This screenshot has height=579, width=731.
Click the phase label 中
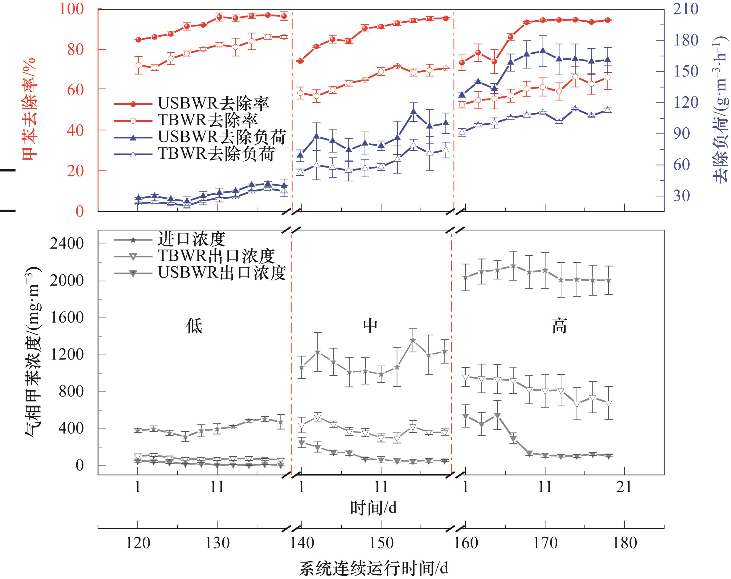click(x=370, y=326)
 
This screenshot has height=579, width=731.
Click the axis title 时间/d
click(x=373, y=508)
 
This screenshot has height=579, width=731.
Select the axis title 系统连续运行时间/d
click(x=373, y=568)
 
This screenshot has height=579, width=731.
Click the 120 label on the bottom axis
click(x=138, y=543)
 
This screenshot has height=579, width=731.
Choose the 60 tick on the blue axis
click(x=681, y=165)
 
